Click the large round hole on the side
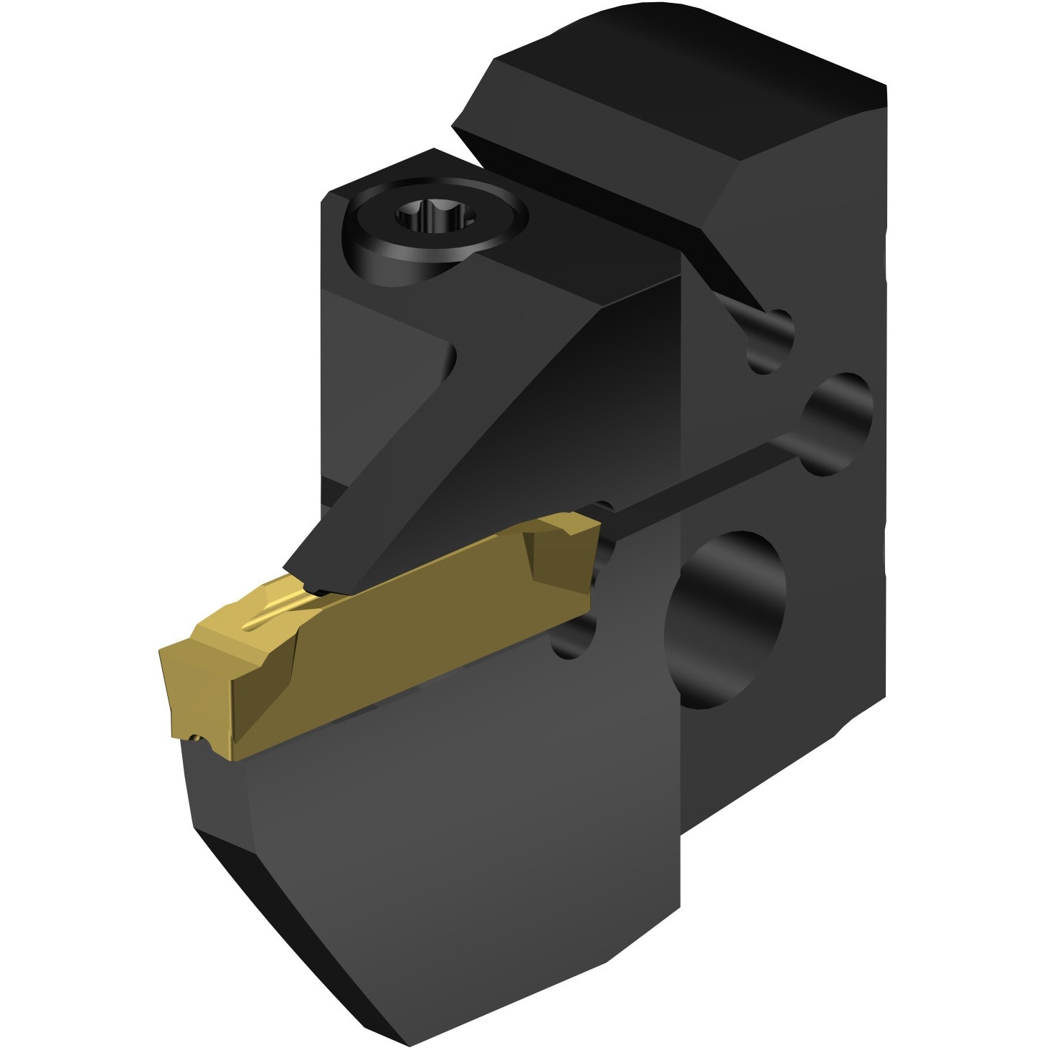click(724, 620)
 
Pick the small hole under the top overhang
click(771, 341)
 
